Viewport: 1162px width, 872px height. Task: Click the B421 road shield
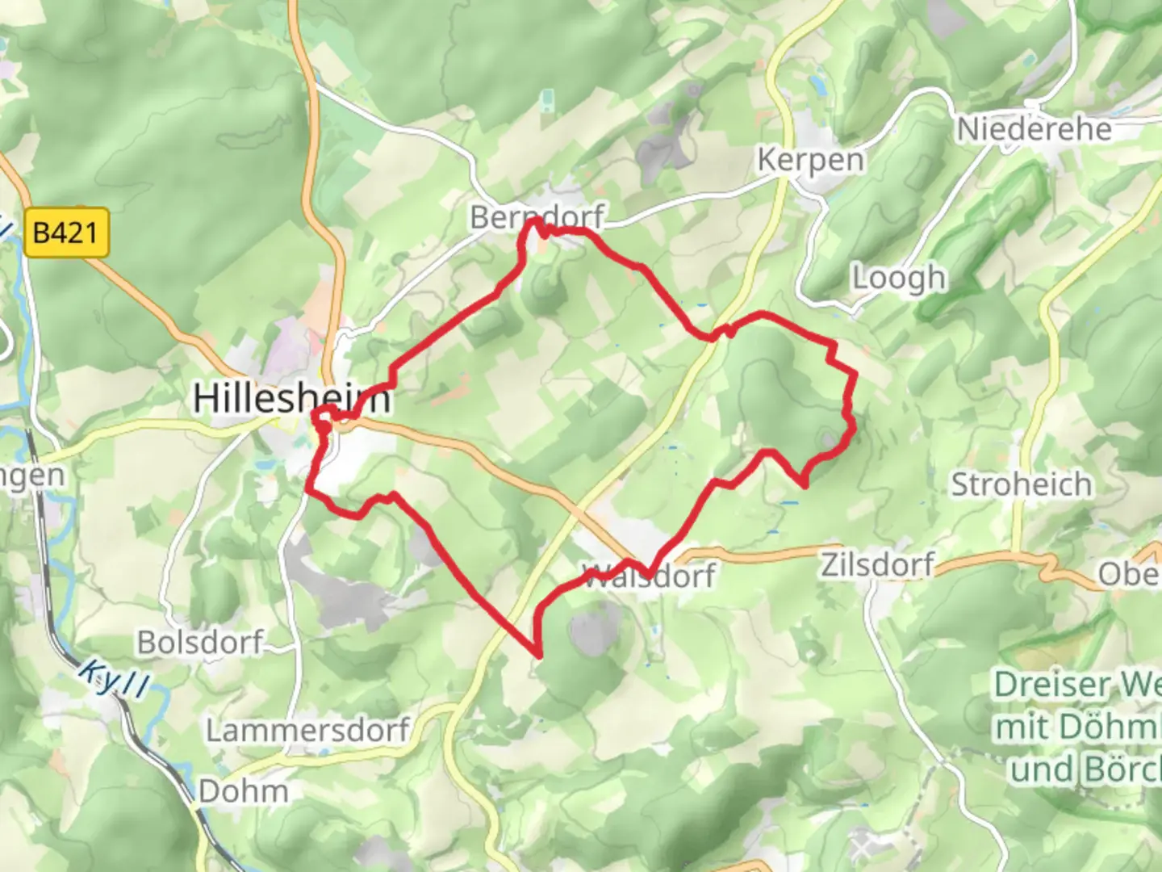[x=65, y=233]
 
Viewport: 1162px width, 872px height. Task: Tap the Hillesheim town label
[x=291, y=398]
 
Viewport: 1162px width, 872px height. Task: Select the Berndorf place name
[x=537, y=217]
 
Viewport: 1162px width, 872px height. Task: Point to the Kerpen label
[x=809, y=160]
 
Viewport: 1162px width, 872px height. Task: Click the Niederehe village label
[x=1034, y=129]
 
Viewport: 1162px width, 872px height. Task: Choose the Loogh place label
[x=899, y=278]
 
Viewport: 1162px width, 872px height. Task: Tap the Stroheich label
[x=1021, y=484]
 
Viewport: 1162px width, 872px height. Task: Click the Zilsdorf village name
[x=877, y=564]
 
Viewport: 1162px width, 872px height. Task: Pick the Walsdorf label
[x=649, y=576]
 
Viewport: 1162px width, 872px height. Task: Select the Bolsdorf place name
[x=200, y=643]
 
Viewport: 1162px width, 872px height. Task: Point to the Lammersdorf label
[x=307, y=731]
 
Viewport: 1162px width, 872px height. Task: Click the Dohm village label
[x=243, y=791]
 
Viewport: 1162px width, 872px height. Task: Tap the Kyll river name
[x=115, y=678]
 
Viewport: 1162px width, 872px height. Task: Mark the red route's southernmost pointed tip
[x=537, y=654]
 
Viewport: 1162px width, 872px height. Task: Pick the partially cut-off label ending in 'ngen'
[x=32, y=475]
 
